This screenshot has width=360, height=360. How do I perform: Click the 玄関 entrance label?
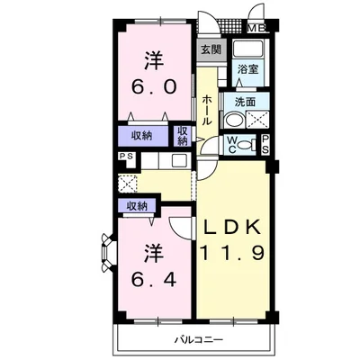211,49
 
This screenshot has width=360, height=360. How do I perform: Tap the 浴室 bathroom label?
247,69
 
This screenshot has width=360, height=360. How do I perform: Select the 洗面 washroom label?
245,102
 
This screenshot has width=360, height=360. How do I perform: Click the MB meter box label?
256,29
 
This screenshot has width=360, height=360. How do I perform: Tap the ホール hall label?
207,111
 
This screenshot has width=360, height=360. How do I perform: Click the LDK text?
232,228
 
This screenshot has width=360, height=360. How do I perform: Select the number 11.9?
232,252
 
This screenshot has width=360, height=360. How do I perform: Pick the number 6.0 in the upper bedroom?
153,87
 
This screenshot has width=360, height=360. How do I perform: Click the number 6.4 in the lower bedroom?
153,281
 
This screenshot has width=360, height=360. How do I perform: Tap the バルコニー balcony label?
199,340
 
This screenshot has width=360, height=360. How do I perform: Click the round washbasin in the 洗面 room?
233,120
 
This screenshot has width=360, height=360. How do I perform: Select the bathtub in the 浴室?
248,48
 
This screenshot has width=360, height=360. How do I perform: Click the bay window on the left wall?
107,251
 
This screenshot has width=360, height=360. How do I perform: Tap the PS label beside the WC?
265,145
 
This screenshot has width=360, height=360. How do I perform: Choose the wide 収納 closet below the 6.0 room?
143,136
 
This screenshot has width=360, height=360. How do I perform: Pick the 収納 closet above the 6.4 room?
137,206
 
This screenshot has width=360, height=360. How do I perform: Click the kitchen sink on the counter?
179,161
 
